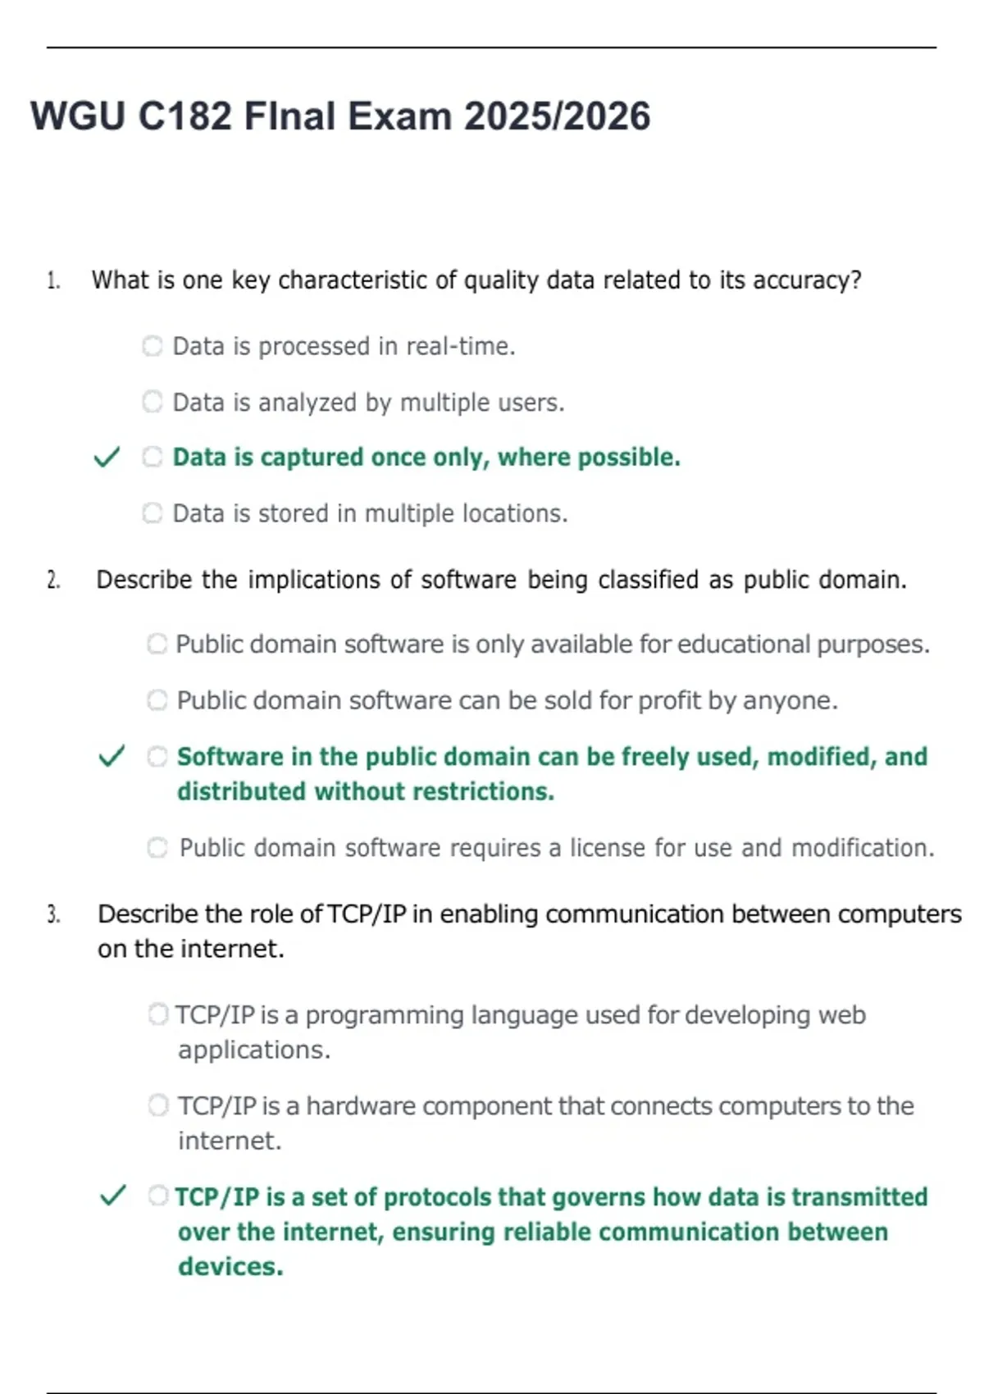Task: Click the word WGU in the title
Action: tap(78, 116)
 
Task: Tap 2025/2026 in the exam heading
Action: tap(557, 116)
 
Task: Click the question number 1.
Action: tap(53, 281)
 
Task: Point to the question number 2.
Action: tap(53, 581)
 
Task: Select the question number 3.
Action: tap(53, 914)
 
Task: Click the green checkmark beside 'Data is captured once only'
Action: tap(107, 457)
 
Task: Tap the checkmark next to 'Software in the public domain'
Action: tap(112, 756)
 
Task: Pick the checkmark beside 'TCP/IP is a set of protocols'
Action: tap(112, 1196)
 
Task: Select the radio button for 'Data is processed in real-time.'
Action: tap(153, 346)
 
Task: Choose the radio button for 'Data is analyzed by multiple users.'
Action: tap(153, 402)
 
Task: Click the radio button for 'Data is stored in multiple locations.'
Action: tap(153, 513)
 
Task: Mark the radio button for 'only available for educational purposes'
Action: tap(157, 644)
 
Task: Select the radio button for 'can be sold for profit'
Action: tap(157, 700)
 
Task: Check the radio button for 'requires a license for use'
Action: tap(157, 847)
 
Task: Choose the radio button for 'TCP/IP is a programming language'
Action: tap(157, 1014)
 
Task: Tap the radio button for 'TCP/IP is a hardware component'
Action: tap(157, 1105)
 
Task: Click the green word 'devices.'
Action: tap(230, 1266)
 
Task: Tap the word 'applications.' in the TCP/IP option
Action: tap(254, 1050)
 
